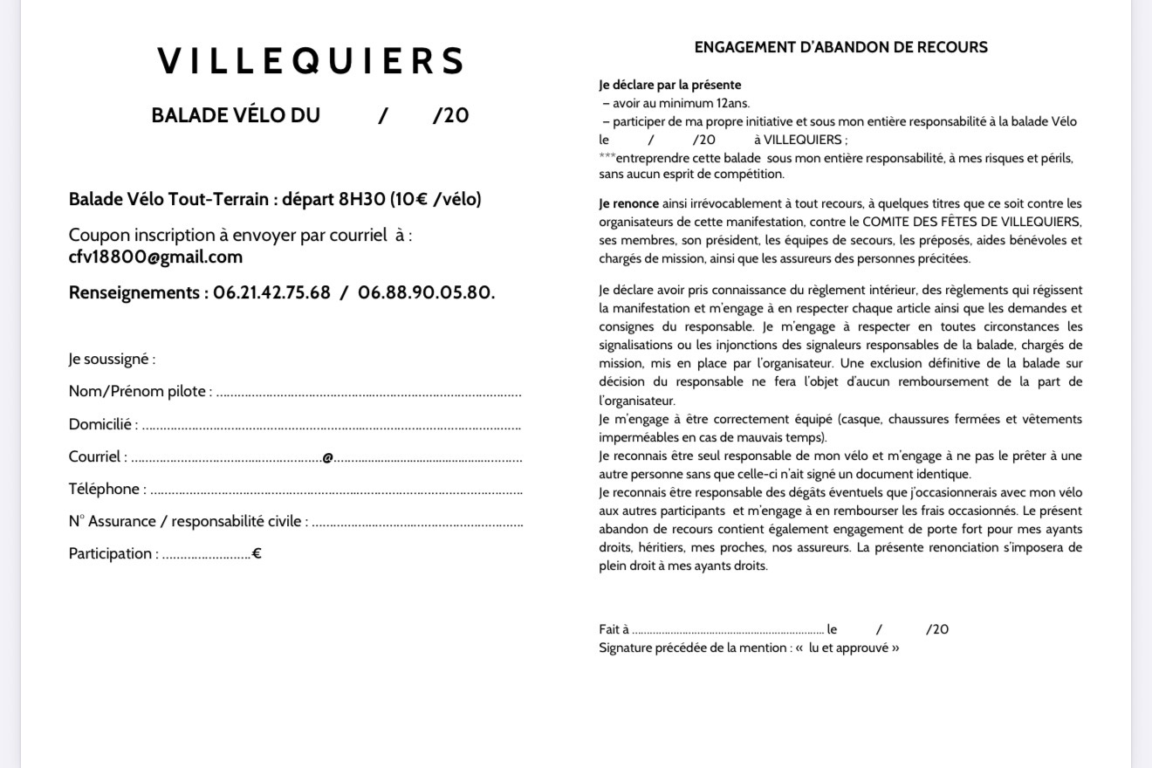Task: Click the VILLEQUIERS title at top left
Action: click(x=311, y=61)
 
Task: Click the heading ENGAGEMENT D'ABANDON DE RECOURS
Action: click(x=840, y=47)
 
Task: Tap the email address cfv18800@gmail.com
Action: click(x=155, y=257)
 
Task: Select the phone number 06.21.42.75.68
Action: click(x=271, y=293)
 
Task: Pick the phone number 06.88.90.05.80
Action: click(x=425, y=293)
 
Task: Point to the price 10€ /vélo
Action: click(x=435, y=199)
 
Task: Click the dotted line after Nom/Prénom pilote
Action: click(x=368, y=393)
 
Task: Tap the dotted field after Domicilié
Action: click(x=332, y=426)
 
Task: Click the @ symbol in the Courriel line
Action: click(x=327, y=457)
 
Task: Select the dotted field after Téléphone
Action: click(x=336, y=490)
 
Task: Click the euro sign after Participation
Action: click(x=257, y=553)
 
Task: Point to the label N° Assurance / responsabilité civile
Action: click(x=188, y=522)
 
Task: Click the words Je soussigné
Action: click(x=111, y=359)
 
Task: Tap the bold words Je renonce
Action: click(x=628, y=203)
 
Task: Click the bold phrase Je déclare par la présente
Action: click(x=669, y=85)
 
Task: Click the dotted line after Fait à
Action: click(x=728, y=630)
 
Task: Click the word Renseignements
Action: click(x=137, y=293)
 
